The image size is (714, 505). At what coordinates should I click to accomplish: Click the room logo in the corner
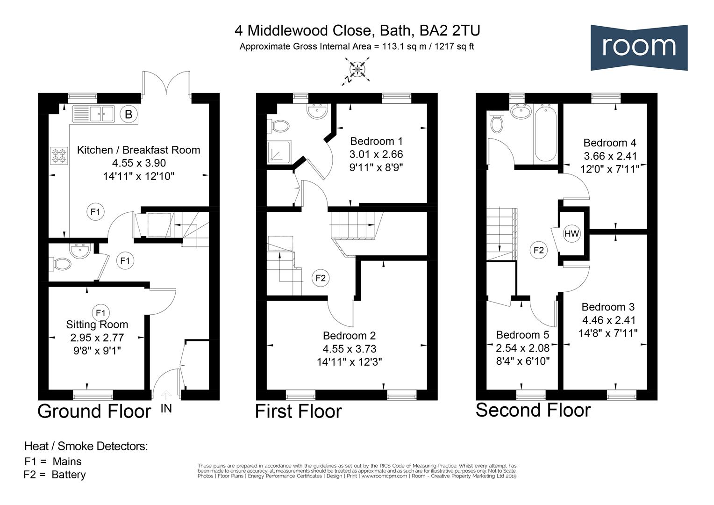[x=638, y=47]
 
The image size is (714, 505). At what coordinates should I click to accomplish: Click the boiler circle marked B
[x=129, y=114]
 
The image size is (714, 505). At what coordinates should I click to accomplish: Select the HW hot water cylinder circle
[x=571, y=234]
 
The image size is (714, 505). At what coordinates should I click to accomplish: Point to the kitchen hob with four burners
[x=59, y=156]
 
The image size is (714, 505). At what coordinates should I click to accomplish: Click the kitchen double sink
[x=94, y=114]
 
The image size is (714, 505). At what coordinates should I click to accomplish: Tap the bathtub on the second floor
[x=545, y=134]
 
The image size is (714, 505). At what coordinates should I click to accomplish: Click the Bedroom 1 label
[x=376, y=141]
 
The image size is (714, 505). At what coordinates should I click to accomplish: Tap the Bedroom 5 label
[x=522, y=335]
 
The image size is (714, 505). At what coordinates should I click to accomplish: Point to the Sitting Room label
[x=97, y=325]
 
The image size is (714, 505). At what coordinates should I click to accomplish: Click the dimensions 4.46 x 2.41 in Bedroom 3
[x=608, y=320]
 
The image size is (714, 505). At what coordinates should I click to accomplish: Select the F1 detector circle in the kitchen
[x=95, y=212]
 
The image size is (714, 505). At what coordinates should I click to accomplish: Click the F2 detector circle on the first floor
[x=321, y=278]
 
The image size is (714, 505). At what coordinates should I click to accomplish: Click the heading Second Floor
[x=533, y=410]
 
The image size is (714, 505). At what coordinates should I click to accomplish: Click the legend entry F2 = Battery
[x=55, y=475]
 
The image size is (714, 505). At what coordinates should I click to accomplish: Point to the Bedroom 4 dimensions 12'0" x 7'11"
[x=610, y=169]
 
